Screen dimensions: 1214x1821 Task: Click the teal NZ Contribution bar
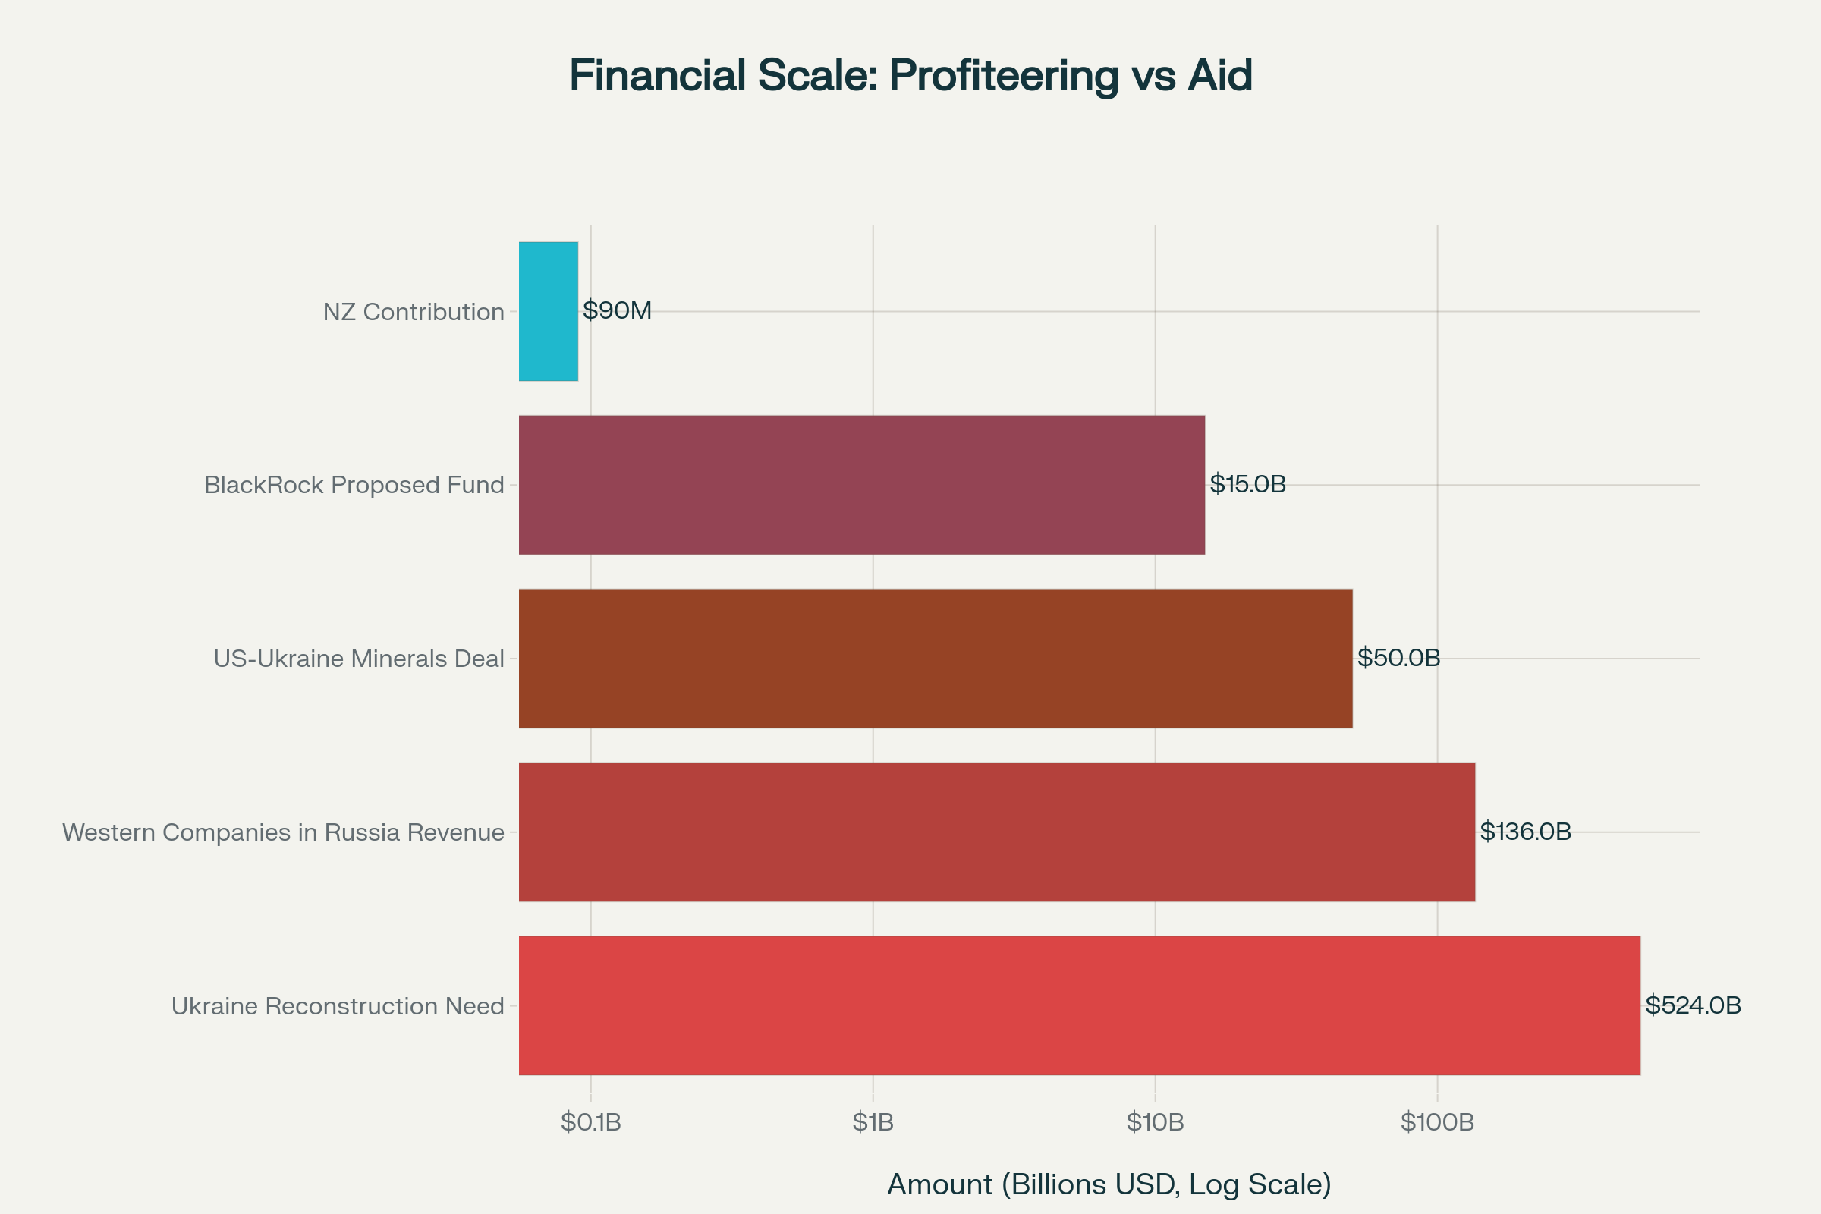click(x=548, y=311)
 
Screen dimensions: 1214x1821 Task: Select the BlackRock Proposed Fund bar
click(x=861, y=485)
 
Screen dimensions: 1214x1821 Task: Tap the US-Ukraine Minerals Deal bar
click(x=936, y=658)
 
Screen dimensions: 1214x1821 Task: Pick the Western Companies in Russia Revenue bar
click(x=996, y=832)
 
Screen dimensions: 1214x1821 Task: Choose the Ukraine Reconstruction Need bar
click(x=1079, y=1005)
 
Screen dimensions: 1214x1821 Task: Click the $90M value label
click(x=617, y=310)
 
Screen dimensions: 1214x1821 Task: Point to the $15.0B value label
click(x=1247, y=484)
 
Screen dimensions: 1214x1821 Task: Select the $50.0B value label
click(x=1398, y=657)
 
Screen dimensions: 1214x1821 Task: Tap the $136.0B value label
click(x=1525, y=831)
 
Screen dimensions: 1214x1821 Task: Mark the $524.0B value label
click(x=1693, y=1004)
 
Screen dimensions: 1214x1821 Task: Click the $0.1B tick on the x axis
click(x=591, y=1122)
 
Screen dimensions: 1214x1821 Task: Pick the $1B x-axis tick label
click(x=873, y=1122)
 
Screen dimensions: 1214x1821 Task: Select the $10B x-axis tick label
click(x=1155, y=1122)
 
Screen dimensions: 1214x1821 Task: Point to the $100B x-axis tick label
click(x=1437, y=1122)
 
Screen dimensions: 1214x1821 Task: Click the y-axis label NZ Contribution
click(x=414, y=312)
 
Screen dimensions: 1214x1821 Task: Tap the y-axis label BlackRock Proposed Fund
click(x=354, y=485)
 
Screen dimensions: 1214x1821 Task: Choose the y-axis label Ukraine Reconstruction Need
click(x=338, y=1006)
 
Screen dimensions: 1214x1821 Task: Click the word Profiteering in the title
click(x=1003, y=76)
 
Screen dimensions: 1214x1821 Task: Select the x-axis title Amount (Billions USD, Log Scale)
click(x=1109, y=1184)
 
